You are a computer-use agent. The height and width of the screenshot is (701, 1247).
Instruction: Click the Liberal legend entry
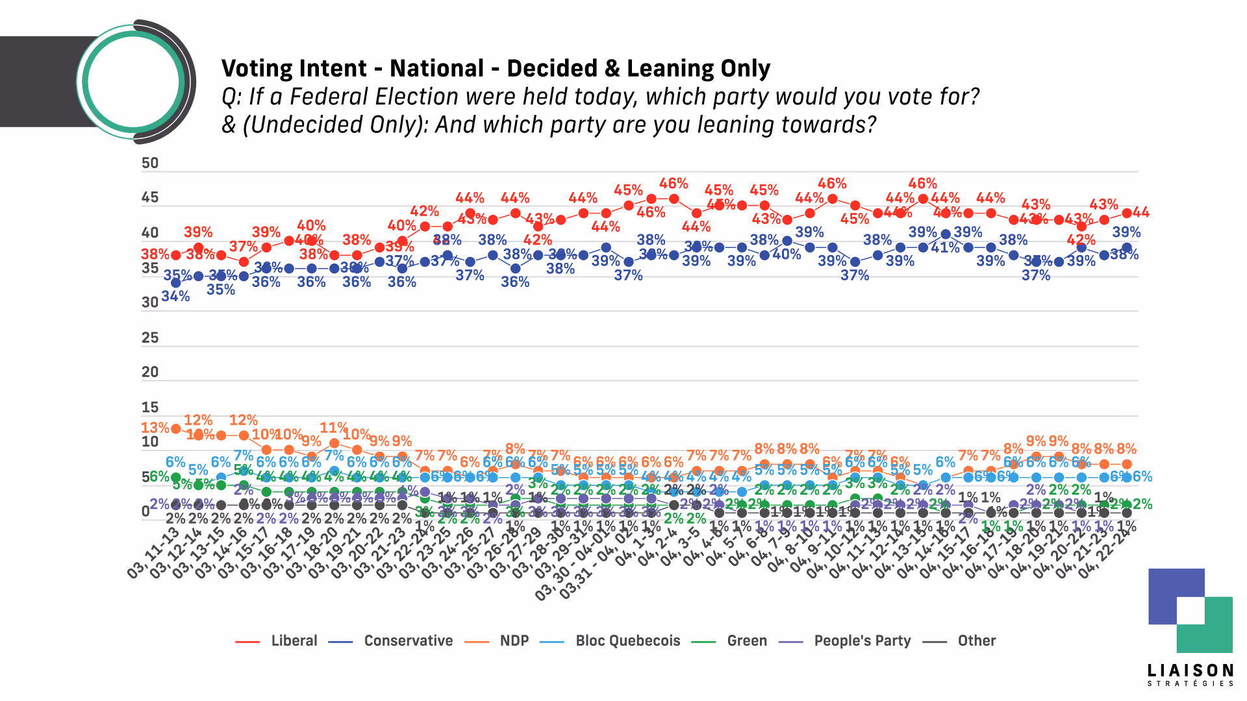click(x=294, y=641)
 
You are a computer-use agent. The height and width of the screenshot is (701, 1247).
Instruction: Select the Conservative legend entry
click(x=408, y=641)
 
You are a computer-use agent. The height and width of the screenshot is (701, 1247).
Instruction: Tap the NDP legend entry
click(x=514, y=641)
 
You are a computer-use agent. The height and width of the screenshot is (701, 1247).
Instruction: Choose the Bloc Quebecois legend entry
click(x=627, y=641)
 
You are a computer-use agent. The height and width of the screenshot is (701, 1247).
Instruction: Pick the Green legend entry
click(x=747, y=641)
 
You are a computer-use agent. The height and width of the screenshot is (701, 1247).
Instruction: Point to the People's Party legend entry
click(x=862, y=641)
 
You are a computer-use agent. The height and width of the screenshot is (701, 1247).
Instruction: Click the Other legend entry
click(x=976, y=641)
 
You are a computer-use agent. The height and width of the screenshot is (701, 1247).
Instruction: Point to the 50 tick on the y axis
click(x=150, y=163)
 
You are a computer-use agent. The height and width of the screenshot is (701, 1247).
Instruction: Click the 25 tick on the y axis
click(x=150, y=338)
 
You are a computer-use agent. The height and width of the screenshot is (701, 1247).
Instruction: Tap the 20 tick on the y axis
click(x=150, y=372)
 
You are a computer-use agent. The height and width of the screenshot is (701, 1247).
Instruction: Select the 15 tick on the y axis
click(x=150, y=407)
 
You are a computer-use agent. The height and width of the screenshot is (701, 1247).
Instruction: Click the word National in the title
click(x=436, y=68)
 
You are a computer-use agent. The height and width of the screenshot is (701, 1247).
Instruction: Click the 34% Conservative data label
click(x=175, y=297)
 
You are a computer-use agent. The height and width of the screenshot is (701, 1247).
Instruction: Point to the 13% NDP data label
click(x=155, y=428)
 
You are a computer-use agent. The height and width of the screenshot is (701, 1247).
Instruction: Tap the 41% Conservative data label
click(x=945, y=248)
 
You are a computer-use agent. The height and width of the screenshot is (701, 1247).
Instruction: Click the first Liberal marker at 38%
click(x=175, y=255)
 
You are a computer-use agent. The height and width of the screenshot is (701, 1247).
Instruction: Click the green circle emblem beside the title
click(x=133, y=82)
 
